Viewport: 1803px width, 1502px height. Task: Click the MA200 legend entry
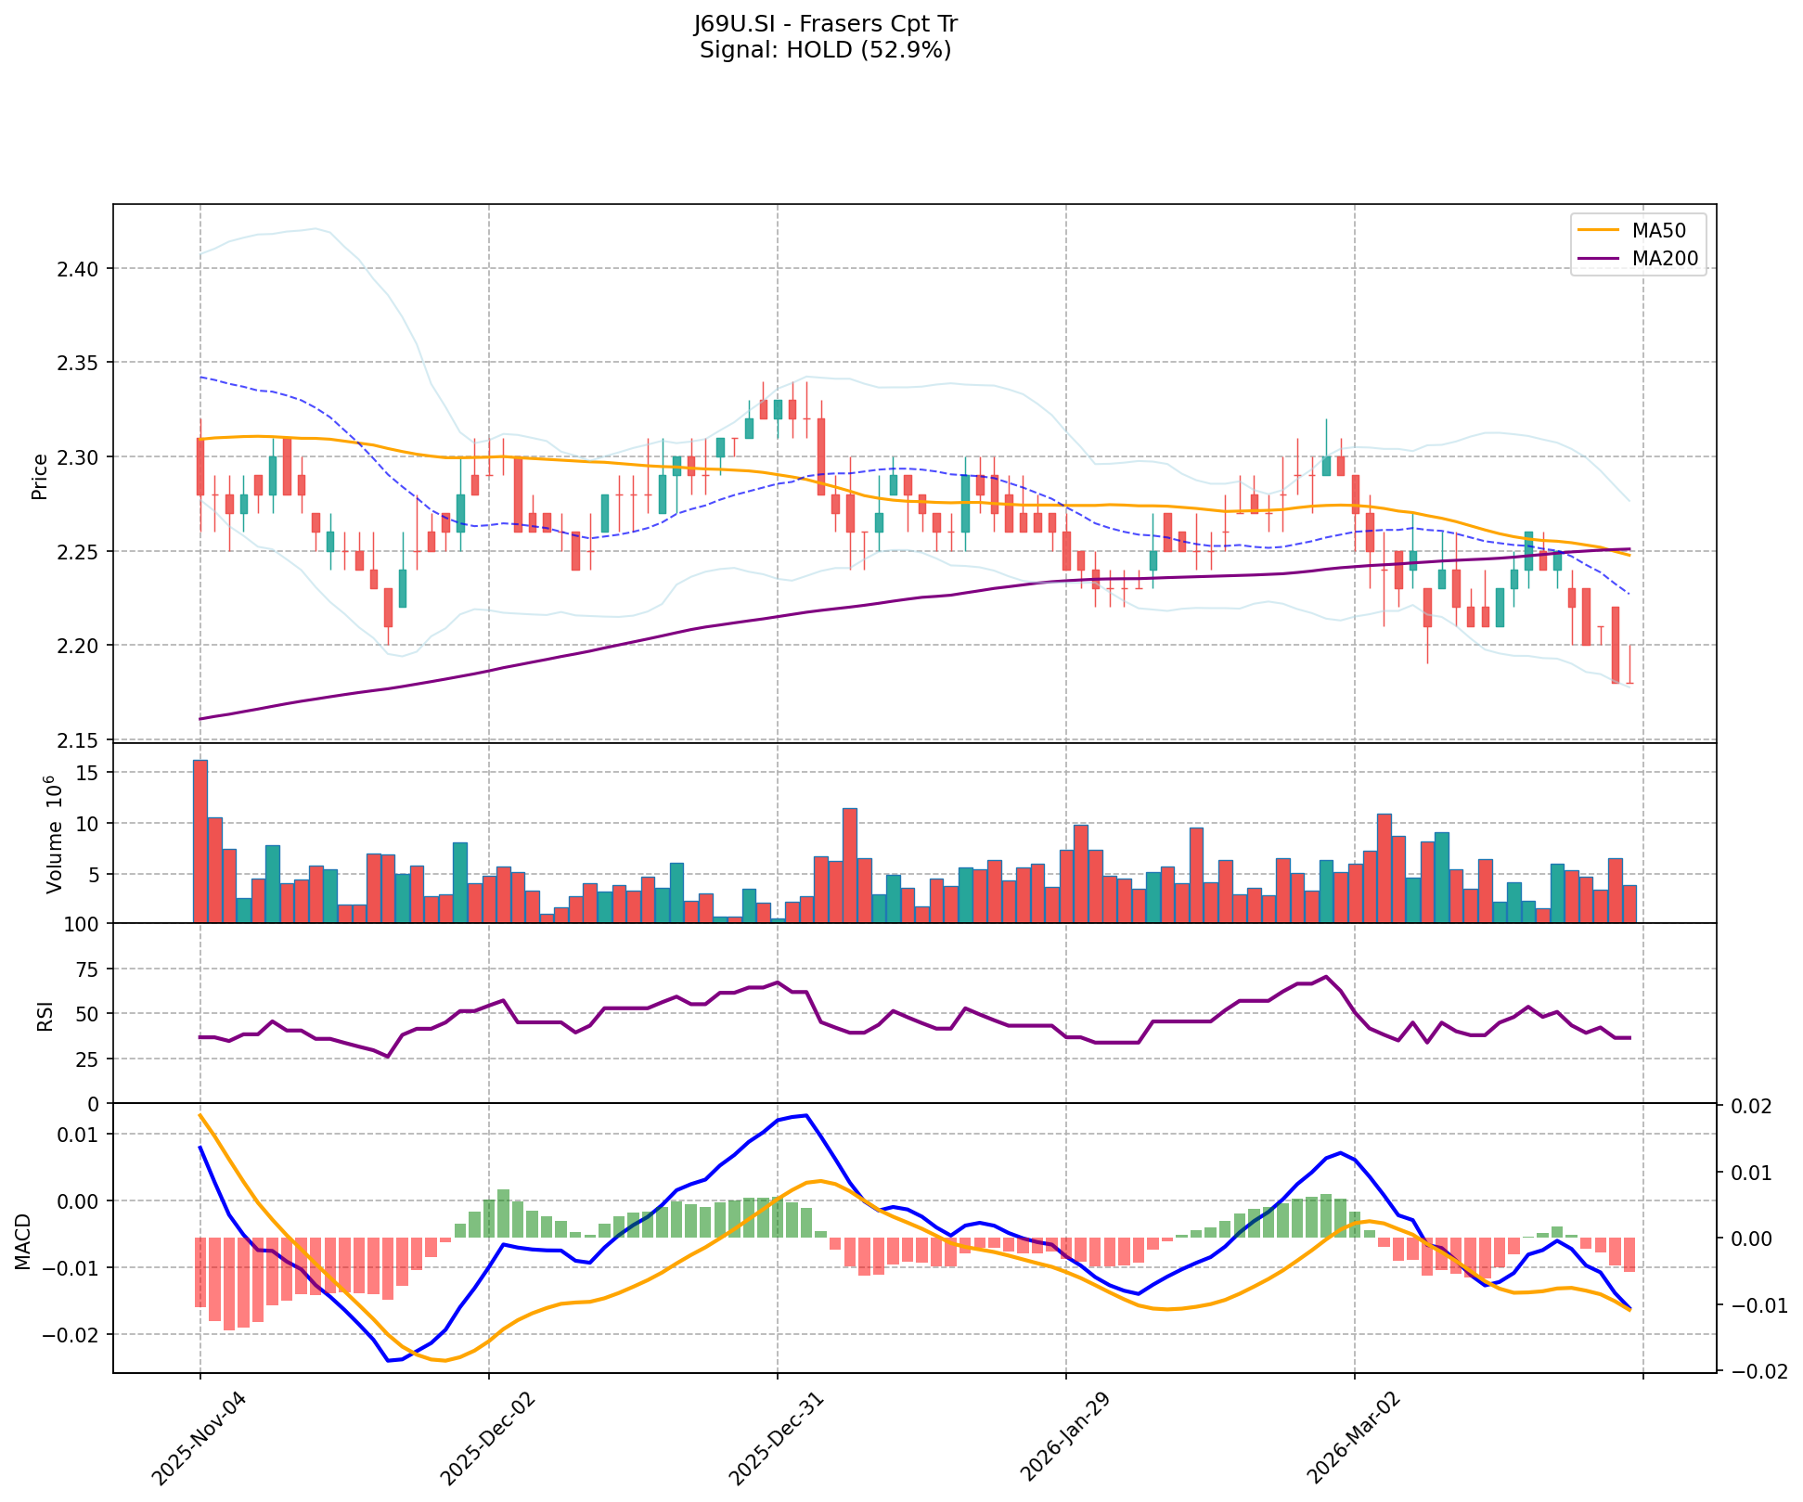(1664, 260)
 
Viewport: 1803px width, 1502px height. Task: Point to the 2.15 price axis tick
(81, 741)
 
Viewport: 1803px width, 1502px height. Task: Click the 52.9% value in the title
(914, 50)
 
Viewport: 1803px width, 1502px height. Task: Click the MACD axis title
(22, 1241)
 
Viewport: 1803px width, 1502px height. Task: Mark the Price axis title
(40, 476)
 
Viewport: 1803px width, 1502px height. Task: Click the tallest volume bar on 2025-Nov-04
(200, 841)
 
